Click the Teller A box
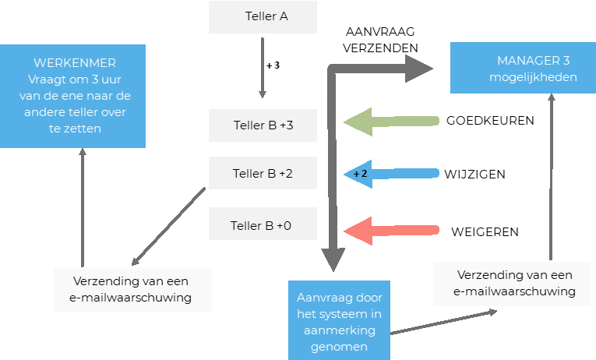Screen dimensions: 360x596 tap(263, 17)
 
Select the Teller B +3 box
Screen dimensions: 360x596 tap(263, 125)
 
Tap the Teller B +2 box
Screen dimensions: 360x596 tap(263, 174)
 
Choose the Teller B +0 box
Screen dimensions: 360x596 tap(263, 225)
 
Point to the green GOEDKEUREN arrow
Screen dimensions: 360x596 tap(390, 121)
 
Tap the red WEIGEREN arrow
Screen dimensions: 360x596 tap(390, 231)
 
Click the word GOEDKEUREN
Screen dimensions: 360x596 tap(490, 121)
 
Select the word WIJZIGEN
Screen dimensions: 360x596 tap(474, 174)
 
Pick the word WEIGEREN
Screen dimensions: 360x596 tap(485, 231)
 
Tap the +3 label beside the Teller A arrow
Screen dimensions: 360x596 tap(273, 66)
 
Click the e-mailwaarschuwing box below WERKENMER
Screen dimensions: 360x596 tap(132, 289)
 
